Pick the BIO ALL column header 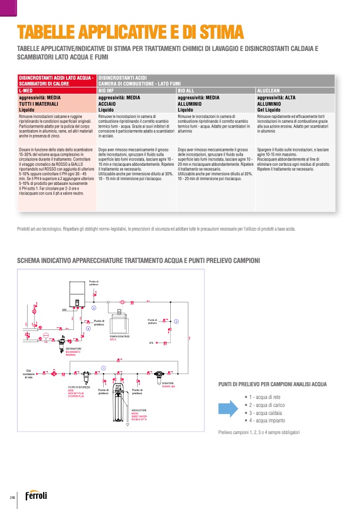(x=186, y=91)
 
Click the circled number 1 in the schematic (x=103, y=368)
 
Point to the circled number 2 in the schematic (x=94, y=308)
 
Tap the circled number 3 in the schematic (x=176, y=321)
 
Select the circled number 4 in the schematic (x=88, y=329)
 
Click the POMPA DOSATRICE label (x=120, y=337)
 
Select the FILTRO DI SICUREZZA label (x=79, y=387)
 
